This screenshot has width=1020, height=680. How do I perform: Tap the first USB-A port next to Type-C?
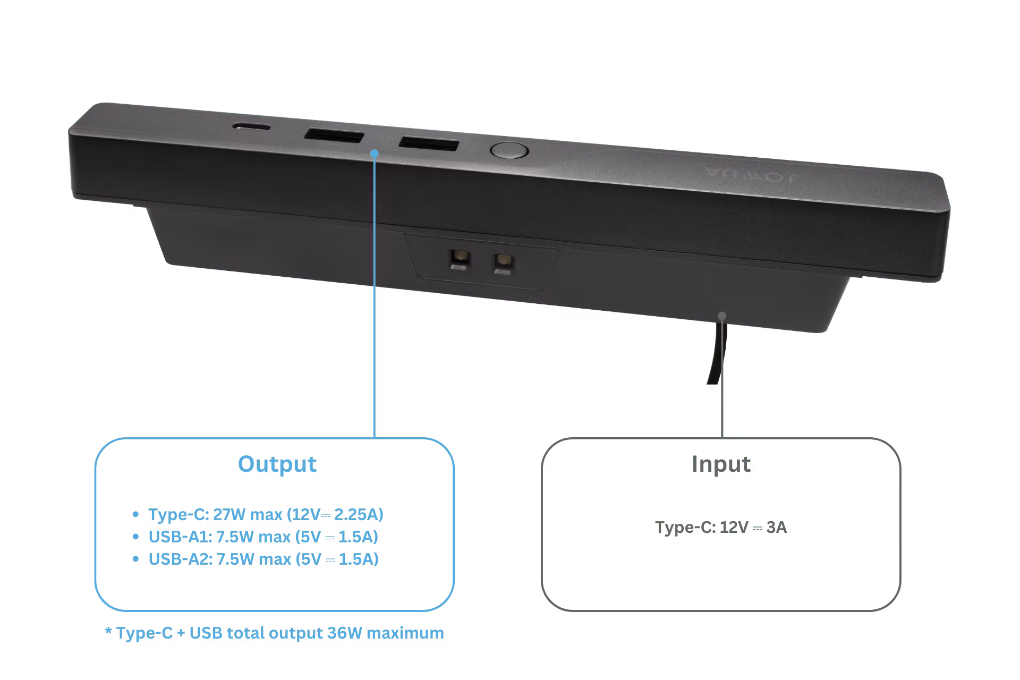pyautogui.click(x=334, y=136)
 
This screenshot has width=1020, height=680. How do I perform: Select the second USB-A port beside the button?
pyautogui.click(x=429, y=143)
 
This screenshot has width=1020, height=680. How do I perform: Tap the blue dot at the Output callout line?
pyautogui.click(x=375, y=153)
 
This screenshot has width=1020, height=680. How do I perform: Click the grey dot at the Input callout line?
pyautogui.click(x=722, y=316)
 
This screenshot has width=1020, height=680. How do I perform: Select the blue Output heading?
pyautogui.click(x=277, y=464)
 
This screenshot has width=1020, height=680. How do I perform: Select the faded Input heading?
pyautogui.click(x=721, y=464)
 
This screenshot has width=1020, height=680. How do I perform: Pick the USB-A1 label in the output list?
pyautogui.click(x=180, y=537)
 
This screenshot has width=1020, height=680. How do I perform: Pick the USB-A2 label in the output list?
pyautogui.click(x=180, y=559)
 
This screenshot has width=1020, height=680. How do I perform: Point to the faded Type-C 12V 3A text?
pyautogui.click(x=720, y=528)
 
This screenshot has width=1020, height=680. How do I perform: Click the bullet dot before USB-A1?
pyautogui.click(x=136, y=537)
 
